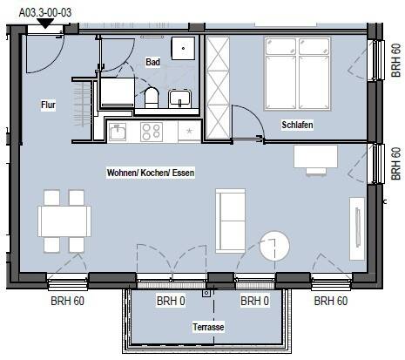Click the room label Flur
48,105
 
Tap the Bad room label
152,62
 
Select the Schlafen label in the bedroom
297,125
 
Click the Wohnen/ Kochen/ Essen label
151,173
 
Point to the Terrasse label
208,327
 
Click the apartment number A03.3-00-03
45,12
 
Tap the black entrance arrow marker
45,24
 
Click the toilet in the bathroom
152,98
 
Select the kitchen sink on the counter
118,132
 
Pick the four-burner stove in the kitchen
152,132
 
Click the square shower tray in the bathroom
183,48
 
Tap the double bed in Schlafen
298,74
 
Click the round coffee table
274,246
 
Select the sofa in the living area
231,221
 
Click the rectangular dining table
64,221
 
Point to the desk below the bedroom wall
315,157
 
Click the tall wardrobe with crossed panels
218,87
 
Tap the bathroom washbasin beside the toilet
179,98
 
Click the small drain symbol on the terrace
206,293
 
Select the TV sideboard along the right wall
357,228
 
